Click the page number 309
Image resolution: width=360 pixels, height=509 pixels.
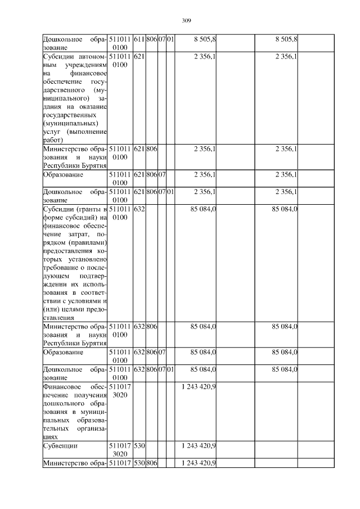click(187, 21)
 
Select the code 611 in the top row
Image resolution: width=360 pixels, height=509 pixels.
click(139, 39)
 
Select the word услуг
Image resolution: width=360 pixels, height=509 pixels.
click(52, 132)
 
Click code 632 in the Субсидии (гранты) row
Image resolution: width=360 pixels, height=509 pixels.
click(139, 209)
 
